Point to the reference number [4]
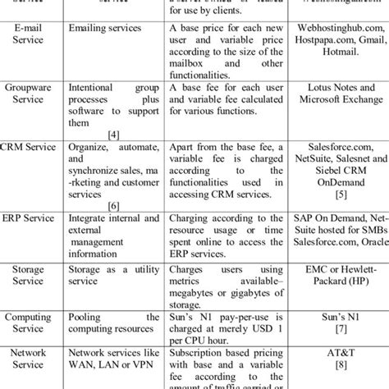127,119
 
